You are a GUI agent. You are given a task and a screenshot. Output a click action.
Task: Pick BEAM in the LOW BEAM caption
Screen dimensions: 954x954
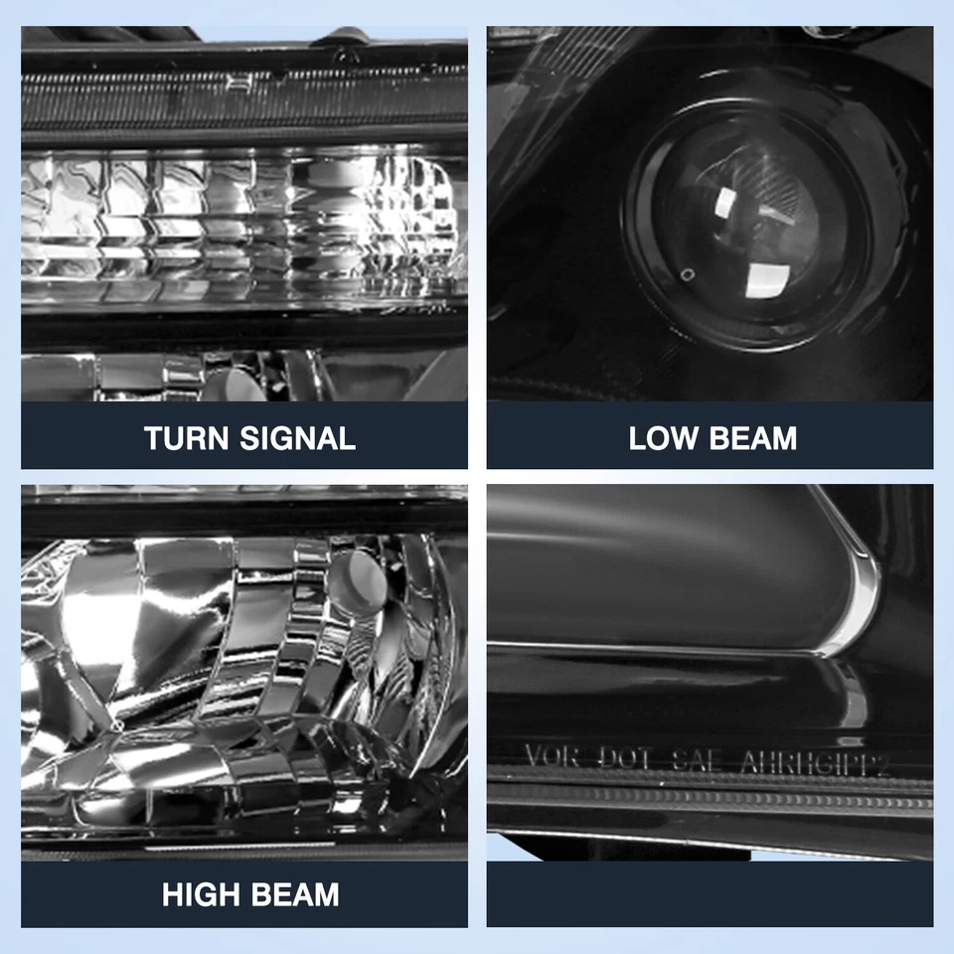(x=751, y=437)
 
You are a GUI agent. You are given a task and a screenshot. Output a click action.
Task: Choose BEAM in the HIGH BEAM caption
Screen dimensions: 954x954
(x=294, y=894)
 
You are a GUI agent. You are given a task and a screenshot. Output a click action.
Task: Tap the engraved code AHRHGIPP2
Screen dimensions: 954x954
(x=814, y=762)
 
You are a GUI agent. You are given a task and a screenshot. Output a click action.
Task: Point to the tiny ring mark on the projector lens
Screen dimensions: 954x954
(x=687, y=274)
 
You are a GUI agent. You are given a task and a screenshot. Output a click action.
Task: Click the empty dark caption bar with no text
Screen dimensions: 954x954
(x=710, y=894)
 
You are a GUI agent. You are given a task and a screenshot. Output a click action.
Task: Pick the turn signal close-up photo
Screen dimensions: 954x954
(x=244, y=214)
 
